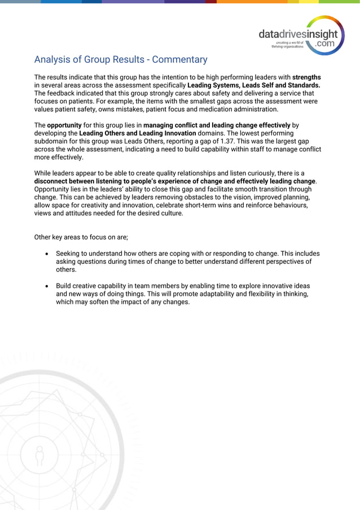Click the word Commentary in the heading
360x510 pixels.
179,59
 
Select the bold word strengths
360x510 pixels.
306,77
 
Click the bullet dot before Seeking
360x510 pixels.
47,254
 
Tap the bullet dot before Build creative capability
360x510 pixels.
47,286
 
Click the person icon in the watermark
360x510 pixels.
39,455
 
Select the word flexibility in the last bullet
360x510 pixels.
239,294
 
